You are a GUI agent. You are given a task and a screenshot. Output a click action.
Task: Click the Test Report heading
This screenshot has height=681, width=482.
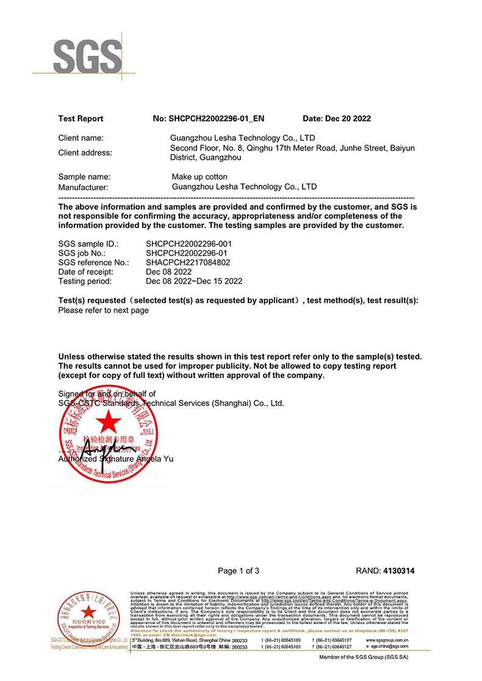(81, 118)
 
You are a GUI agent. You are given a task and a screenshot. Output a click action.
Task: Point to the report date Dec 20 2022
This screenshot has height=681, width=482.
(337, 118)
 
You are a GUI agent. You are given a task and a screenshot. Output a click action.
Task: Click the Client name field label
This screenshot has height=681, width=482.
(81, 138)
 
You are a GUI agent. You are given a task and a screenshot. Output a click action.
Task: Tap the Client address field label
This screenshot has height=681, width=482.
(85, 152)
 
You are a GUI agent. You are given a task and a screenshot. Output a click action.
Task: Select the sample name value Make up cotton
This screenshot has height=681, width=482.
(200, 177)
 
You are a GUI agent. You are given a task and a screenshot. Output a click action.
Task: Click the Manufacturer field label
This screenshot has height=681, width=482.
(83, 187)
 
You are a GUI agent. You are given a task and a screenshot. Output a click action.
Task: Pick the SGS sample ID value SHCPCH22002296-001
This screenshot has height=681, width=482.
(189, 244)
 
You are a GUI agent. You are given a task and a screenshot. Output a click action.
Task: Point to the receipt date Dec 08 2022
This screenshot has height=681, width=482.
(169, 272)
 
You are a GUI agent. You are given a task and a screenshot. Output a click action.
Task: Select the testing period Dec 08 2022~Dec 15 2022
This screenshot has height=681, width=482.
(194, 281)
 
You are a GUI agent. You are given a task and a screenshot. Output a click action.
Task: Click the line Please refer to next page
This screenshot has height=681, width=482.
(103, 310)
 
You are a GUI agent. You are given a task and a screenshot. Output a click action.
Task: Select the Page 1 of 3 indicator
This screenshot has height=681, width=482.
(239, 571)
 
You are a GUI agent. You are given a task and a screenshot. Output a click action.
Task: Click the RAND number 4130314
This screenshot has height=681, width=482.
(398, 571)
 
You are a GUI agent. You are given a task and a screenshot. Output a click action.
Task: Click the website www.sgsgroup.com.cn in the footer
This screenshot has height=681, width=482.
(387, 640)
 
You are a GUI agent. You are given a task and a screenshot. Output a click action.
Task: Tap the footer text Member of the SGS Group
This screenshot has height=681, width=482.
(364, 658)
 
